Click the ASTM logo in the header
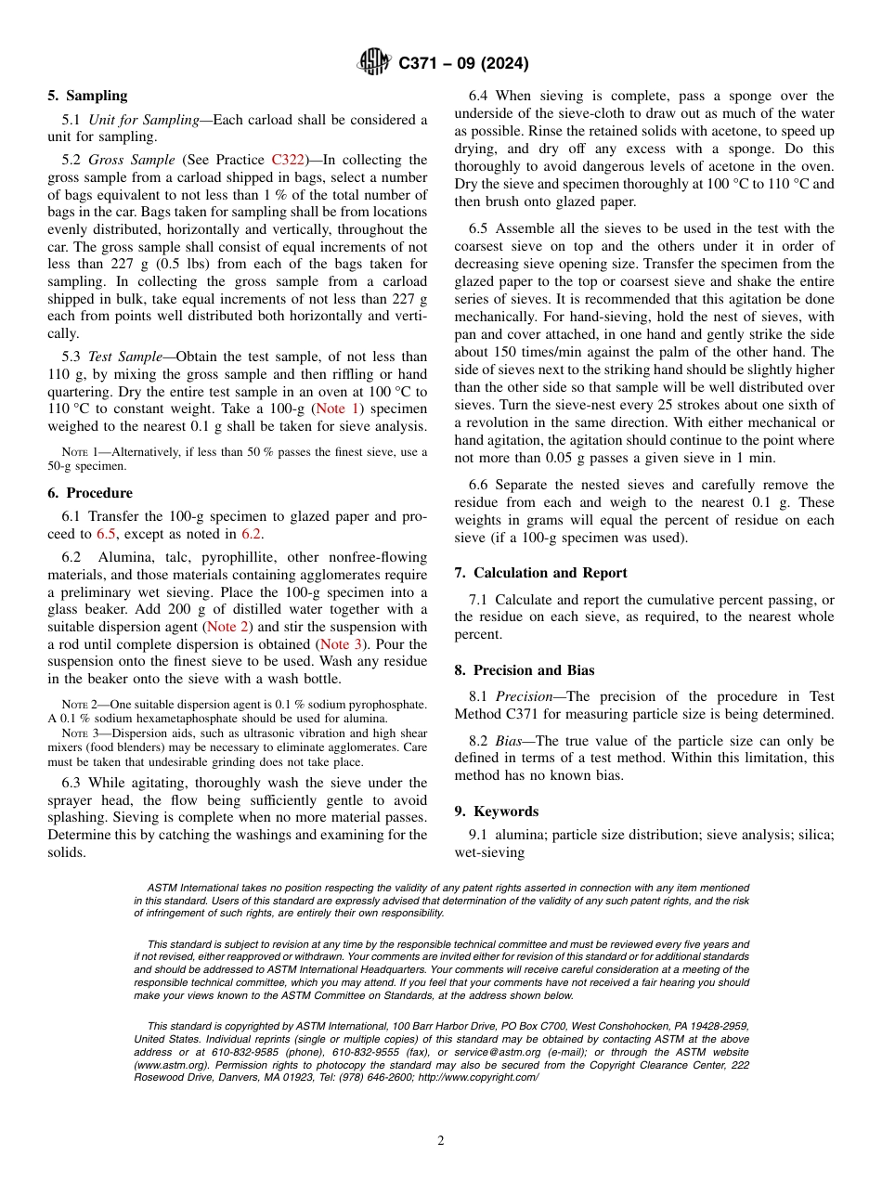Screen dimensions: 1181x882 [373, 63]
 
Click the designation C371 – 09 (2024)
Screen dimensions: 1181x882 [463, 63]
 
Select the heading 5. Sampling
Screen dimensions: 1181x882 [87, 96]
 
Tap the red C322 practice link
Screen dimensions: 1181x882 [288, 160]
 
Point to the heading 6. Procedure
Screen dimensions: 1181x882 [90, 493]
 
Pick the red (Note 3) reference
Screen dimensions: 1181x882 [334, 644]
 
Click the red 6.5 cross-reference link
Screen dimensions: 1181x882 [107, 534]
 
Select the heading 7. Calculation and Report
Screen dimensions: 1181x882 [540, 573]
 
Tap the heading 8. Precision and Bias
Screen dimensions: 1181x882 [525, 670]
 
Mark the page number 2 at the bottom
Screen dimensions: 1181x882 [441, 1141]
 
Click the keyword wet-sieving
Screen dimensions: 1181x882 [489, 852]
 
